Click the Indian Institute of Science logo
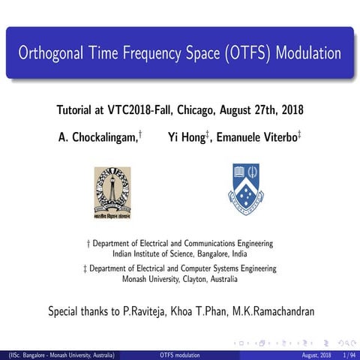point(112,191)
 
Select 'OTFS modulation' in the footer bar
point(181,354)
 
